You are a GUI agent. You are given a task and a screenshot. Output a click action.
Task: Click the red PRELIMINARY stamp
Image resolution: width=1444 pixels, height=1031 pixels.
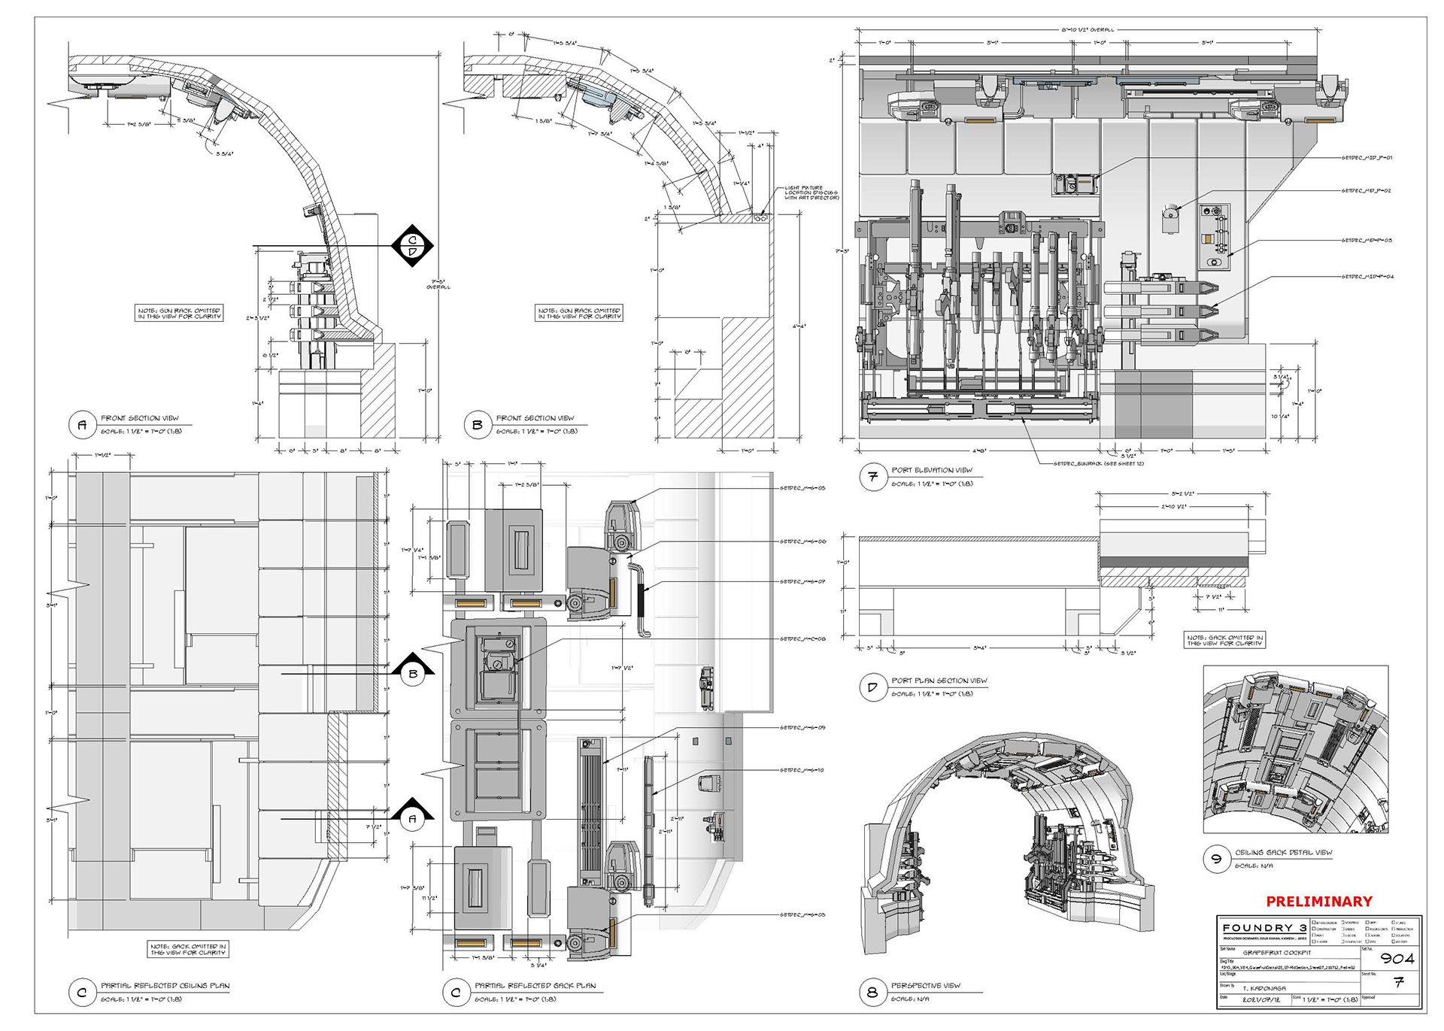click(x=1318, y=901)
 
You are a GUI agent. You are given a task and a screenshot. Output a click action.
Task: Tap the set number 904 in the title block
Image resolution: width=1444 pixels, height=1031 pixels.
click(x=1397, y=958)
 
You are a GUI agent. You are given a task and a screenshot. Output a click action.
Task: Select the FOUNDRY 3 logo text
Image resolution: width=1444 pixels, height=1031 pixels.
click(x=1264, y=928)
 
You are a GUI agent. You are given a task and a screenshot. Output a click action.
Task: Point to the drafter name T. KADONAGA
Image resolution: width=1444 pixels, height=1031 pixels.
click(x=1264, y=988)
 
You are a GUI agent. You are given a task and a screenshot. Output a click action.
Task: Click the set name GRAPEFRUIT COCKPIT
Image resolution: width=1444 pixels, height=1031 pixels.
click(x=1276, y=953)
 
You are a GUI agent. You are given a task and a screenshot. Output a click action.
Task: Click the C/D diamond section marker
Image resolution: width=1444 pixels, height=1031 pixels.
click(x=412, y=245)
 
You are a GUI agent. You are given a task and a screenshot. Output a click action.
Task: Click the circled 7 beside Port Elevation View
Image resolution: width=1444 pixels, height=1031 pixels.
click(x=872, y=477)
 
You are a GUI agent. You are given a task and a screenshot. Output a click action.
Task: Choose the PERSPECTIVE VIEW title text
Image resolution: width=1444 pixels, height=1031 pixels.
click(x=925, y=985)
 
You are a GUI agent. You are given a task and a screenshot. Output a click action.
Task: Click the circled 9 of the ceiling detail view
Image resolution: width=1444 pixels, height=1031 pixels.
click(x=1216, y=860)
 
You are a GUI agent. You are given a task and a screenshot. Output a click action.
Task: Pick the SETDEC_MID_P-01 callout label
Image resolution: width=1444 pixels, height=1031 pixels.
click(x=1367, y=158)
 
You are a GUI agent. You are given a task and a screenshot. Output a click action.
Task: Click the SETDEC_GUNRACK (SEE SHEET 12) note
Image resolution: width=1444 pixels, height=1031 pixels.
click(x=1098, y=464)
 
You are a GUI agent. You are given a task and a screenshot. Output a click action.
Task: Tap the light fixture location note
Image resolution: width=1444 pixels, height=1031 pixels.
click(x=811, y=193)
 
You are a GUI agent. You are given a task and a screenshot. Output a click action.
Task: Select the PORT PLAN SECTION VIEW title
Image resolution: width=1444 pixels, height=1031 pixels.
click(x=939, y=681)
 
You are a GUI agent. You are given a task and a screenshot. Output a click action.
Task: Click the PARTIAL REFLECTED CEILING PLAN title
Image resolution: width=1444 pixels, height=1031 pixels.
click(x=165, y=985)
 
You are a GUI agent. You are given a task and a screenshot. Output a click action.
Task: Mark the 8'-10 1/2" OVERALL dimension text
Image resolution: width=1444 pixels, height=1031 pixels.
click(x=1088, y=30)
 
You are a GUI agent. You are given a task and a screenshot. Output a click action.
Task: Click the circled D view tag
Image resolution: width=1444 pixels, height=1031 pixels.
click(x=872, y=687)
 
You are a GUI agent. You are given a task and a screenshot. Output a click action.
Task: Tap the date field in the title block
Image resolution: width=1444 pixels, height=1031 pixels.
click(x=1254, y=999)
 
